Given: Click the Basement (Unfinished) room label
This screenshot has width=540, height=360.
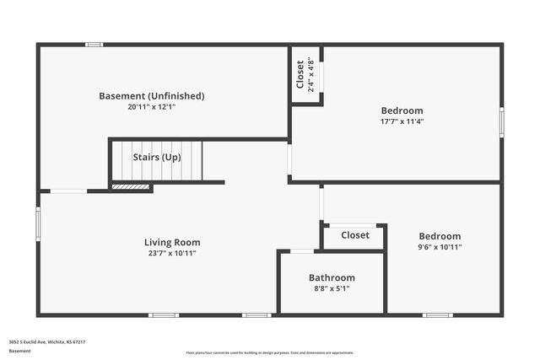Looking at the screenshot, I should [152, 96].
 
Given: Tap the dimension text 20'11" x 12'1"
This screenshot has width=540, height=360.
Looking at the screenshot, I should [152, 107].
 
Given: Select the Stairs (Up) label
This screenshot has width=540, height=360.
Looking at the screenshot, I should [157, 157].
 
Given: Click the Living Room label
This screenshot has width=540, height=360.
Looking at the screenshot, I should [172, 242].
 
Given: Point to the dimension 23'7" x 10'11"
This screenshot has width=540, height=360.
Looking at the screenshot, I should [172, 253].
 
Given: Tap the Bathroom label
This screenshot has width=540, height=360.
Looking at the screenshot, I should [332, 277].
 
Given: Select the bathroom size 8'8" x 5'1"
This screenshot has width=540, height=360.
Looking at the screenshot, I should [332, 288].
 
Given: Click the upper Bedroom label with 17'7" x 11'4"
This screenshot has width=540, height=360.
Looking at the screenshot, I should [402, 110].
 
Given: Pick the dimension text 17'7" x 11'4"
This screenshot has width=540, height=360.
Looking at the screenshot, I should [402, 121].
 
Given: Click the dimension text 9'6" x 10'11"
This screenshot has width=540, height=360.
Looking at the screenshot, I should [440, 247].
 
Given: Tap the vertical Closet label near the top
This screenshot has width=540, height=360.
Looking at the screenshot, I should [300, 74].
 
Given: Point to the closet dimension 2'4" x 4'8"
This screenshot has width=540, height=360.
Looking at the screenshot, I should [310, 74].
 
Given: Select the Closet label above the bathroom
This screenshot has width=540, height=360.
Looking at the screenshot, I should [354, 235].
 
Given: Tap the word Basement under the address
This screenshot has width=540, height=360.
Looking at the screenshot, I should [19, 350].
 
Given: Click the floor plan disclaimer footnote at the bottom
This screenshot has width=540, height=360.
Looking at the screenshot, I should [269, 352].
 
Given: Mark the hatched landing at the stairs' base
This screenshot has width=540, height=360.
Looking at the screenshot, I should [131, 186].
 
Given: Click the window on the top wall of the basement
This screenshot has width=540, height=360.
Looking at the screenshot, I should [94, 44].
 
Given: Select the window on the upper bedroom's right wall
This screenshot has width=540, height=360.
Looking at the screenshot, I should [501, 122].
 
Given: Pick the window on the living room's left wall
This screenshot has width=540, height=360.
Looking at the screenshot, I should [38, 225].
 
